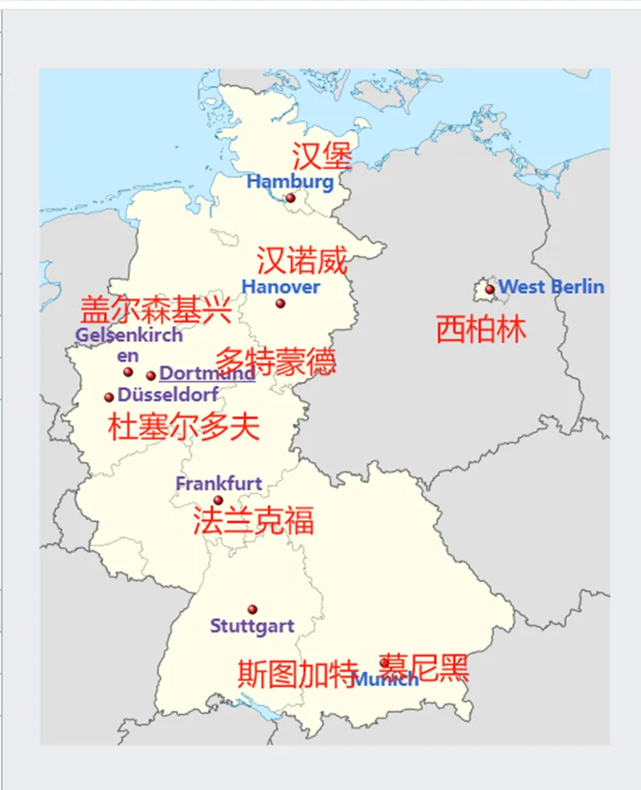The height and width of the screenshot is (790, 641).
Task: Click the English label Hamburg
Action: pyautogui.click(x=290, y=181)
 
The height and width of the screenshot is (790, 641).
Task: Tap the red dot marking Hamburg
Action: pyautogui.click(x=290, y=197)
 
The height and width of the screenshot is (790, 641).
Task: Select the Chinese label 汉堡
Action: pyautogui.click(x=322, y=155)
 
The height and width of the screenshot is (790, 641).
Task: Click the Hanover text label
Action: pyautogui.click(x=280, y=287)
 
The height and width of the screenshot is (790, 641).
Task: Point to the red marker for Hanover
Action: pyautogui.click(x=280, y=303)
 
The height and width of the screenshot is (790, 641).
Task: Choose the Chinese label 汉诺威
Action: pyautogui.click(x=302, y=261)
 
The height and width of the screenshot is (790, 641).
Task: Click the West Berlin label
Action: pyautogui.click(x=551, y=287)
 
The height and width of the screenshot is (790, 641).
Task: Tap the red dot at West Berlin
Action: pyautogui.click(x=490, y=289)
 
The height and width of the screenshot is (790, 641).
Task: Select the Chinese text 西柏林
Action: pyautogui.click(x=481, y=329)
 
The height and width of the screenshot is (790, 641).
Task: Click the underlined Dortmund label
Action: pyautogui.click(x=207, y=374)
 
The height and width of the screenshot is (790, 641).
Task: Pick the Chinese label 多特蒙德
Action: pyautogui.click(x=275, y=361)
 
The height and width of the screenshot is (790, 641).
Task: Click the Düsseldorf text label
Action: pyautogui.click(x=168, y=396)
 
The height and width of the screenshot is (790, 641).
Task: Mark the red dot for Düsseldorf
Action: pyautogui.click(x=109, y=397)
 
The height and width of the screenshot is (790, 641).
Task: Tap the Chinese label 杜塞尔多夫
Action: pyautogui.click(x=184, y=427)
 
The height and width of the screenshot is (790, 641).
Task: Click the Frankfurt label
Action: pyautogui.click(x=219, y=484)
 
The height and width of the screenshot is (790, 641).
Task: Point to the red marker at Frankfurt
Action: pyautogui.click(x=218, y=500)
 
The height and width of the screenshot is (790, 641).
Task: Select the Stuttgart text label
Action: pyautogui.click(x=252, y=627)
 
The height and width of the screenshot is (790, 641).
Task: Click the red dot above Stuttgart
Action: pyautogui.click(x=253, y=610)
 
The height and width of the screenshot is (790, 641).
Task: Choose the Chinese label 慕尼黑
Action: pyautogui.click(x=424, y=667)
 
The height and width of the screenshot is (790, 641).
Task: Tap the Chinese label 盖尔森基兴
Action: pyautogui.click(x=156, y=310)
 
